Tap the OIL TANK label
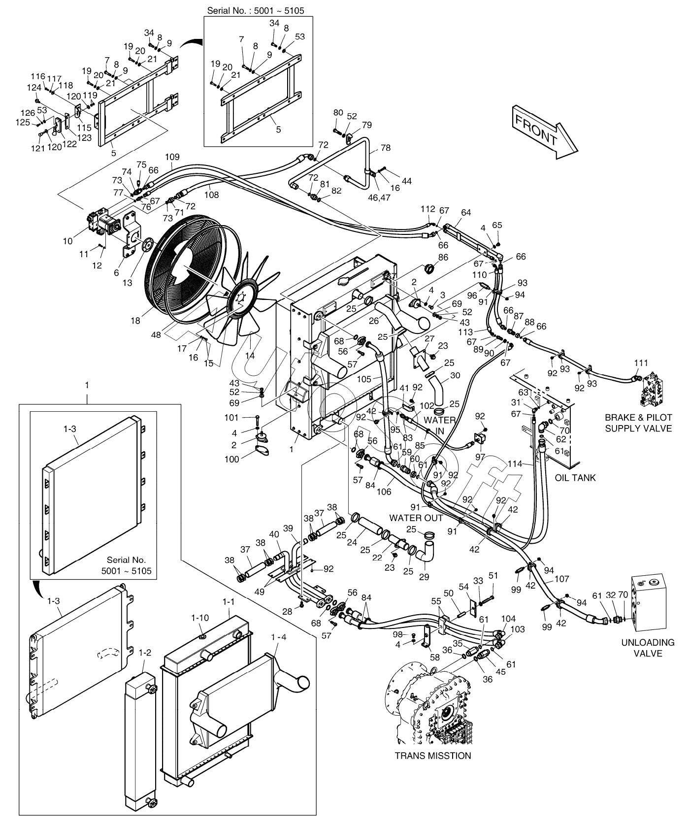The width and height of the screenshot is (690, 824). tap(575, 477)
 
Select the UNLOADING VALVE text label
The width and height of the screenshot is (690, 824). tap(648, 648)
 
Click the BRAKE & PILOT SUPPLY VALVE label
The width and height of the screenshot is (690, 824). tap(638, 423)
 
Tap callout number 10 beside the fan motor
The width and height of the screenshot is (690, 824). tap(67, 241)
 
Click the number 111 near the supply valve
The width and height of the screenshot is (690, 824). tap(641, 363)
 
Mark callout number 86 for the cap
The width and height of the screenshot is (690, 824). tap(443, 257)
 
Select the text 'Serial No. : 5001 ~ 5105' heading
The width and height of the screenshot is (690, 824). tap(259, 10)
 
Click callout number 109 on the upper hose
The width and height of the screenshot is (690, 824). tap(172, 157)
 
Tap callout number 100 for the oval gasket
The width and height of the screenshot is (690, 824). tap(231, 459)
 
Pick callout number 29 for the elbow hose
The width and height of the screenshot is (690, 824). tap(423, 576)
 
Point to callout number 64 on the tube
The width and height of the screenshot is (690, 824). tap(465, 212)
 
